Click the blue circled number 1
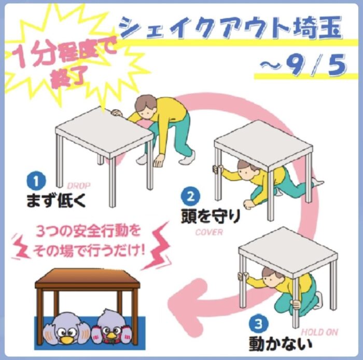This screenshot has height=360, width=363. [36, 181]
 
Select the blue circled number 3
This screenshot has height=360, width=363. [259, 324]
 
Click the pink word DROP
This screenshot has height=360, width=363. [79, 185]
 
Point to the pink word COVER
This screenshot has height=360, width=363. [209, 232]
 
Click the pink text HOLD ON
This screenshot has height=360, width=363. [319, 332]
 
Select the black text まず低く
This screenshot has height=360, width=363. [56, 200]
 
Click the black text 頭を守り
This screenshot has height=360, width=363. [211, 217]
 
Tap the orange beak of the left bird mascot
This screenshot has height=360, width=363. [65, 339]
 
